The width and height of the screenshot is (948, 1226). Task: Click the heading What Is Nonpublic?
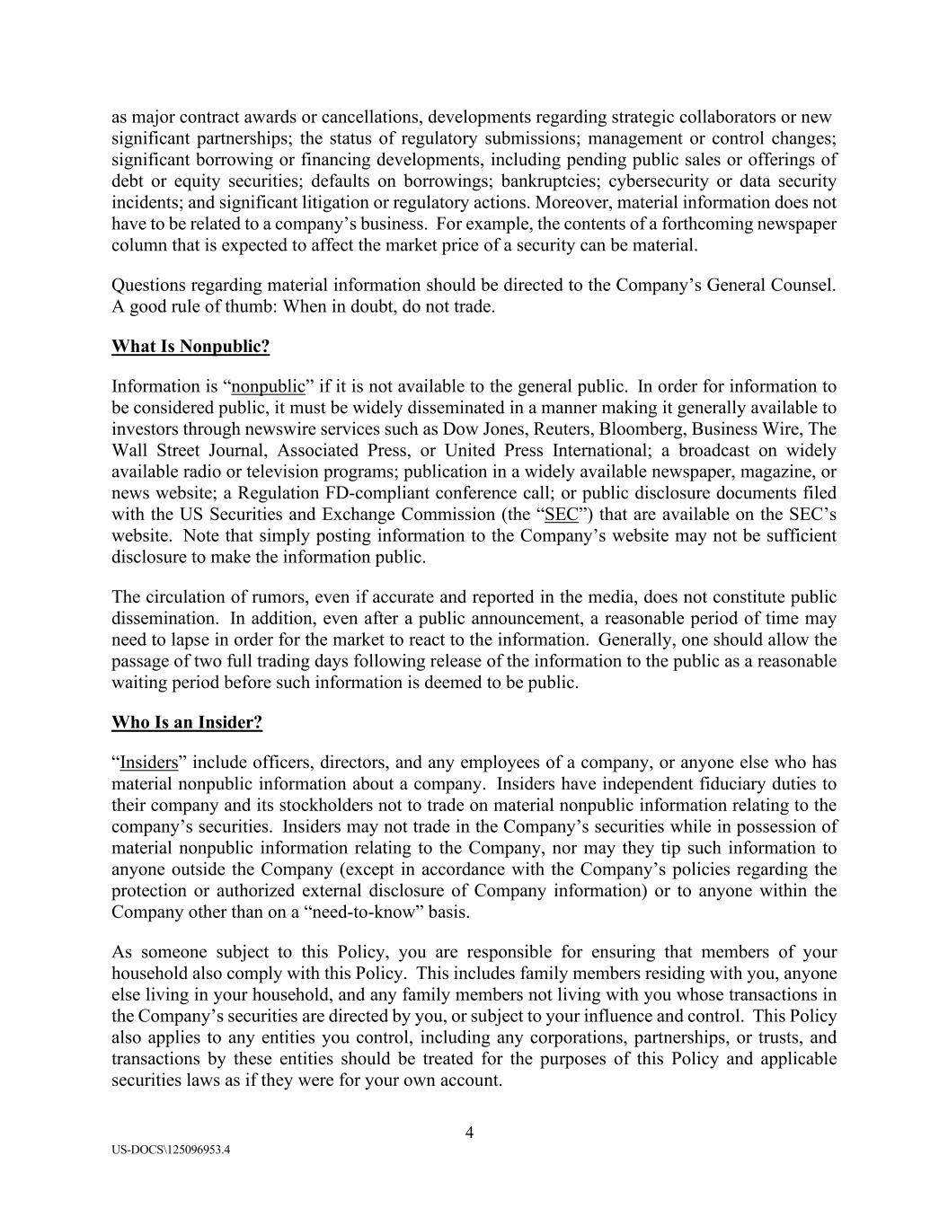pos(190,347)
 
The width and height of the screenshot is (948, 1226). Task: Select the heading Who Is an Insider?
pos(187,722)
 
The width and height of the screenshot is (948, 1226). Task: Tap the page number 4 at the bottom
pos(469,1132)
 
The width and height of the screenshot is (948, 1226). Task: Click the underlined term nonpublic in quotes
pos(269,387)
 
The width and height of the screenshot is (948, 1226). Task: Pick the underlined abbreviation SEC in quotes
pos(562,515)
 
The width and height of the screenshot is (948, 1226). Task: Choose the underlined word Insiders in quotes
pos(149,763)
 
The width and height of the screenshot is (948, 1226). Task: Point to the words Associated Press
pos(343,451)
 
